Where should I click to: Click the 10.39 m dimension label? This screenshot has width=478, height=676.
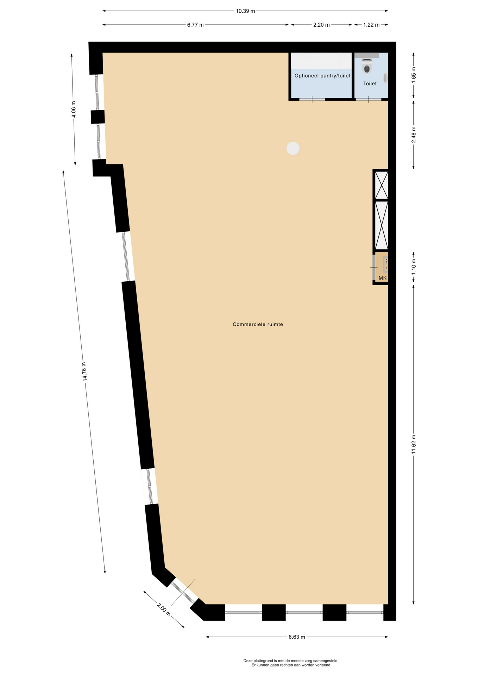coord(245,11)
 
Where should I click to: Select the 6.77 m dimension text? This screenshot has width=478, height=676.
coord(195,25)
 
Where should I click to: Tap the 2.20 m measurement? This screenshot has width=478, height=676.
coord(321,25)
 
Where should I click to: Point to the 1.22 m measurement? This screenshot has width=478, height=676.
coord(371,25)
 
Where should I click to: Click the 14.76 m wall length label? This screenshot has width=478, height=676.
coord(84,371)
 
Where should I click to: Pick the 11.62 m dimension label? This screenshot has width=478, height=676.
coord(414,444)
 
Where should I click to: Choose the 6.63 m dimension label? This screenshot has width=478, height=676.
coord(297,637)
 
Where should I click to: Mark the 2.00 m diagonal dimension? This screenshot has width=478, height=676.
coord(164,610)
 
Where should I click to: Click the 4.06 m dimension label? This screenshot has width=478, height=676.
coord(74,109)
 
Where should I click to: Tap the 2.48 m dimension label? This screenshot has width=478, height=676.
coord(414,134)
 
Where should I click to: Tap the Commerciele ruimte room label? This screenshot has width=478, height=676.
coord(258,324)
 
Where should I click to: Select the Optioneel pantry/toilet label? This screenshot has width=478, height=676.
coord(322,76)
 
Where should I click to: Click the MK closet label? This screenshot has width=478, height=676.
coord(382,278)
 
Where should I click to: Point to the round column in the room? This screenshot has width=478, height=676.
coord(293,148)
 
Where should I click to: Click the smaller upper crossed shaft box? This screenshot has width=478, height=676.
coord(381,185)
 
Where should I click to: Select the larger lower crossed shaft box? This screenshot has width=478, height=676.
coord(381,225)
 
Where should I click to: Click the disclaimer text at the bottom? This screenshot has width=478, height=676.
coord(291,663)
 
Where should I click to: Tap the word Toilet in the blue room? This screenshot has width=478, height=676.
coord(370,84)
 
